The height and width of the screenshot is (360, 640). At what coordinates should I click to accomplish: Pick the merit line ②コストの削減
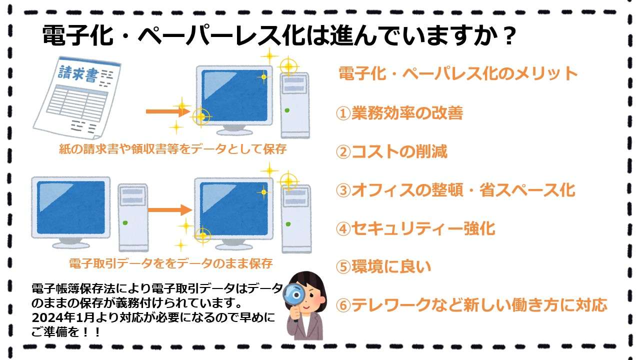(x=391, y=151)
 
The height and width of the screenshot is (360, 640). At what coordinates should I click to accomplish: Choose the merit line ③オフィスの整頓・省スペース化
(x=455, y=190)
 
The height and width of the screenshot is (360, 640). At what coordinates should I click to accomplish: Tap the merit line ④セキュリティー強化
(x=415, y=228)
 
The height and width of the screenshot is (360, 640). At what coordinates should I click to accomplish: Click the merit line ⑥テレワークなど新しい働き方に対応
(x=471, y=304)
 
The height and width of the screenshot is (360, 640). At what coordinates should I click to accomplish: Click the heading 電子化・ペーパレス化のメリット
(x=458, y=74)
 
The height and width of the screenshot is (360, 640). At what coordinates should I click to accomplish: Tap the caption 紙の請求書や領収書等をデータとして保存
(x=172, y=149)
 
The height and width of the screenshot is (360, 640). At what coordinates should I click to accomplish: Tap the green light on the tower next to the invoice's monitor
(x=287, y=110)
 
